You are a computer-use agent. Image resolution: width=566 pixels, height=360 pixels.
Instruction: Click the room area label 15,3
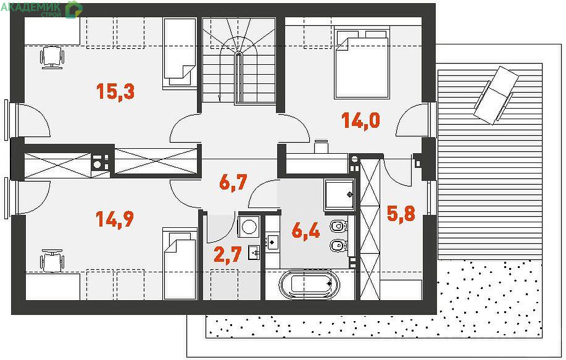(x=115, y=91)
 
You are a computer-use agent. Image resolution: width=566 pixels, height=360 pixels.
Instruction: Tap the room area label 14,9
(x=115, y=219)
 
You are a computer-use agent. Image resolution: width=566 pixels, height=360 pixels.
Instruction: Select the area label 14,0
(x=360, y=120)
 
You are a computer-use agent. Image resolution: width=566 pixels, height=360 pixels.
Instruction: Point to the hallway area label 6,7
(x=233, y=182)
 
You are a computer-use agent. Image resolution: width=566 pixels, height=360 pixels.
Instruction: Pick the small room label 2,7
(x=227, y=254)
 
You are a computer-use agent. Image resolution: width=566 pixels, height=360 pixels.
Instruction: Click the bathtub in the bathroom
(x=310, y=284)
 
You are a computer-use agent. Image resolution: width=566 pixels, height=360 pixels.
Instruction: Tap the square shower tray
(x=339, y=195)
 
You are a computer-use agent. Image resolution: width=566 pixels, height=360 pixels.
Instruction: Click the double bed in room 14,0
(x=362, y=62)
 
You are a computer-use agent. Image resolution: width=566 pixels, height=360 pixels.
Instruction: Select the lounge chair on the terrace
(x=496, y=95)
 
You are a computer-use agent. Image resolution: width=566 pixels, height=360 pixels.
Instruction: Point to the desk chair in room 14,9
(x=52, y=261)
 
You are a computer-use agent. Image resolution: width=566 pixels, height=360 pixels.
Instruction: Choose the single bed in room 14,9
(x=180, y=264)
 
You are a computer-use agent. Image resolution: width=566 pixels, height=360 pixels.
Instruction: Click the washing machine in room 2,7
(x=249, y=227)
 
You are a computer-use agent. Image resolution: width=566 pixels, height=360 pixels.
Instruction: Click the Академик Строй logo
(x=42, y=9)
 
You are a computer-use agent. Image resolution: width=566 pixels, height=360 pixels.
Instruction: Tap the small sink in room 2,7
(x=254, y=252)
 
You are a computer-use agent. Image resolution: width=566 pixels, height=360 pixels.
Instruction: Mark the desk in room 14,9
(x=52, y=287)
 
